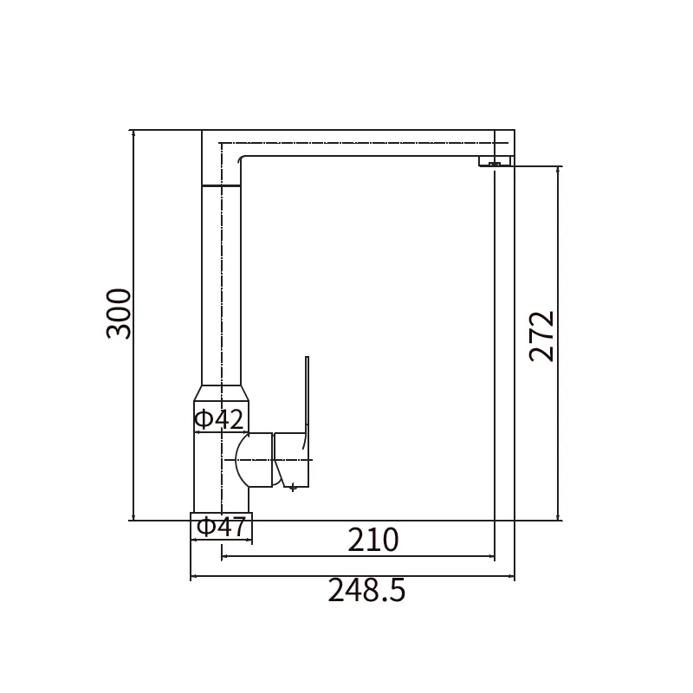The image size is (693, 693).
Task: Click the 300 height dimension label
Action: coord(120,314)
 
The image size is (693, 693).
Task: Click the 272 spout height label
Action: coord(542,337)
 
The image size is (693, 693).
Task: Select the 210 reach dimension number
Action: coord(373,540)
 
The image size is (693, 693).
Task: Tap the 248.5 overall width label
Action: coord(366,591)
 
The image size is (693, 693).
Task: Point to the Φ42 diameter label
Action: coord(219,419)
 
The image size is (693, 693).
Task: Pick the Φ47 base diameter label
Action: coord(221,527)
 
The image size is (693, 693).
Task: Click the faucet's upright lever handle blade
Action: coord(307,402)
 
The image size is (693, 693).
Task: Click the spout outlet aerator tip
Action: coord(495,164)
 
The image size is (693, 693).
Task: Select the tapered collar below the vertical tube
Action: coord(222,393)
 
